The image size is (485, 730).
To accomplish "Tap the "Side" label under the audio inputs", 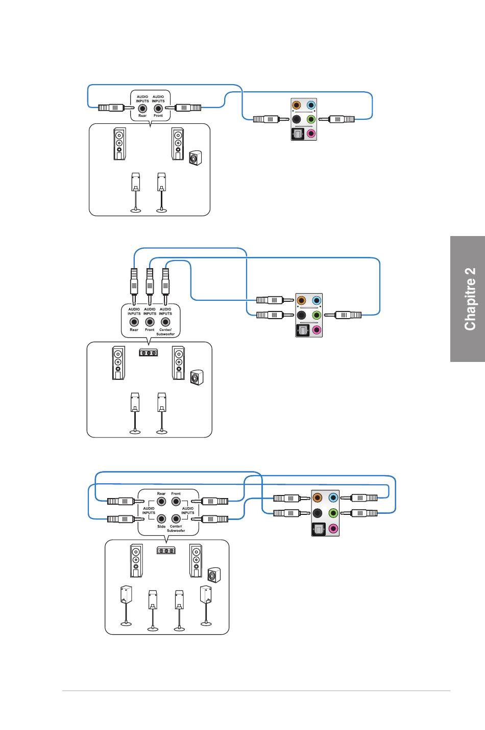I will point(161,526).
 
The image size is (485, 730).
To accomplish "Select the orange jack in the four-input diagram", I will point(318,498).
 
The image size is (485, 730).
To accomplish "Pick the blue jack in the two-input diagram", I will point(310,106).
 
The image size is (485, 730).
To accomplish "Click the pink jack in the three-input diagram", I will point(317,330).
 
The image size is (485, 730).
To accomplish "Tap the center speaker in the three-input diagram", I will point(149,352).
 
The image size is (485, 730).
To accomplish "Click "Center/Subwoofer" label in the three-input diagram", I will point(165,332).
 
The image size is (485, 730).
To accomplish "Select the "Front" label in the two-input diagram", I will point(158,116).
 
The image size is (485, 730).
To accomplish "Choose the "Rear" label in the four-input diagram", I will point(161,493).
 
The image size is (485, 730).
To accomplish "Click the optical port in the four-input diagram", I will point(318,529).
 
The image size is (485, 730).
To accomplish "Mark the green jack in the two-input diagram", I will point(310,120).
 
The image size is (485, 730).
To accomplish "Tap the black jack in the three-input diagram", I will point(301,315).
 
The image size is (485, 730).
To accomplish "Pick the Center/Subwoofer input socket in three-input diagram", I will point(165,322).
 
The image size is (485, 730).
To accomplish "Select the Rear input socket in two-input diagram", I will point(142,108).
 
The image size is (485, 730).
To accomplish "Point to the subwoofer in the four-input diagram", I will point(214,575).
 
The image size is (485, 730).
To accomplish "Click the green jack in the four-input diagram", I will point(333,513).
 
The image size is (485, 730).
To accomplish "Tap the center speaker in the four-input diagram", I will point(166,551).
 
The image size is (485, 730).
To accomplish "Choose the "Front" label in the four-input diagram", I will point(176,493).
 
